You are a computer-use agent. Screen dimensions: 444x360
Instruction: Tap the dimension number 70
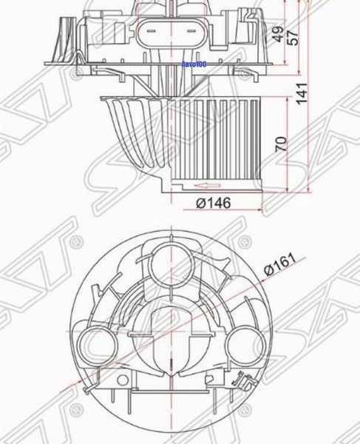coord(280,144)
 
